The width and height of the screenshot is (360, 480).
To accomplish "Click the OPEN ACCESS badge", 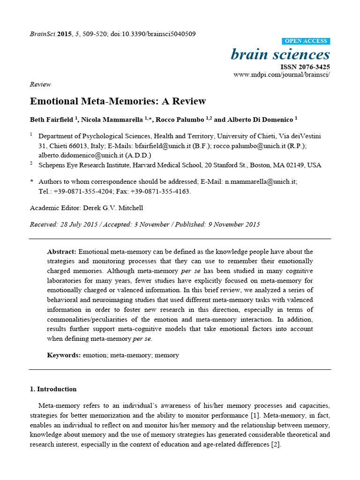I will coord(306,41).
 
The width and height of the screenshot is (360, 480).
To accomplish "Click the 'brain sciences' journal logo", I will coord(280,54).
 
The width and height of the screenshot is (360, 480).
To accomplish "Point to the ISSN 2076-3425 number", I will coord(305,67).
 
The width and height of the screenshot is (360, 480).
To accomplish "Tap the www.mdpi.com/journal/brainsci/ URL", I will coord(281,75).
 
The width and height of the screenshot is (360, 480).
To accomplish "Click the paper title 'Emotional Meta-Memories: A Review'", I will coord(118,101).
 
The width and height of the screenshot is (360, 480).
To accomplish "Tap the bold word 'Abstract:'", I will coord(61,252).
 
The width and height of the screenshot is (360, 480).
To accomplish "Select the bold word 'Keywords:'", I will coord(64,355).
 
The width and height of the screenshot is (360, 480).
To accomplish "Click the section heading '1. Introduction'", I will coord(53,389).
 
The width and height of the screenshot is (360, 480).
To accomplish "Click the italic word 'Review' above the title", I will coord(40,84).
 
